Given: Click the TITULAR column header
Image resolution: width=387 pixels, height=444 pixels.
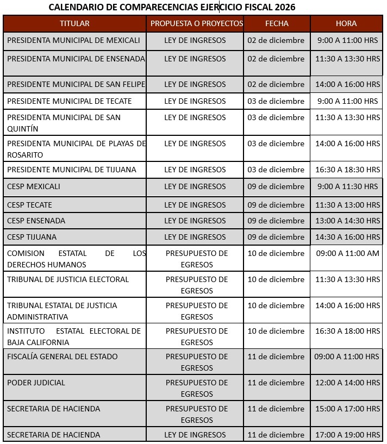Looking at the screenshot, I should pos(74,23).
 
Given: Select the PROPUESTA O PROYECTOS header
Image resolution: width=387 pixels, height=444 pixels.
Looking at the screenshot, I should pos(196,23).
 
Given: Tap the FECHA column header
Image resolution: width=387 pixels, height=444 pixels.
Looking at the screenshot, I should pos(277,23).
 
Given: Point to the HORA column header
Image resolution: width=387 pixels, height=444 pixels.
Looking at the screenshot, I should pos(346,23).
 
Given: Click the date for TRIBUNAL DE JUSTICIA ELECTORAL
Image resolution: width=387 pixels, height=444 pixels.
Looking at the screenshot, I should pos(276,279).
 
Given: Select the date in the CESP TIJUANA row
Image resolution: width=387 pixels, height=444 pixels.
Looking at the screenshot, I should pos(276,237).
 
